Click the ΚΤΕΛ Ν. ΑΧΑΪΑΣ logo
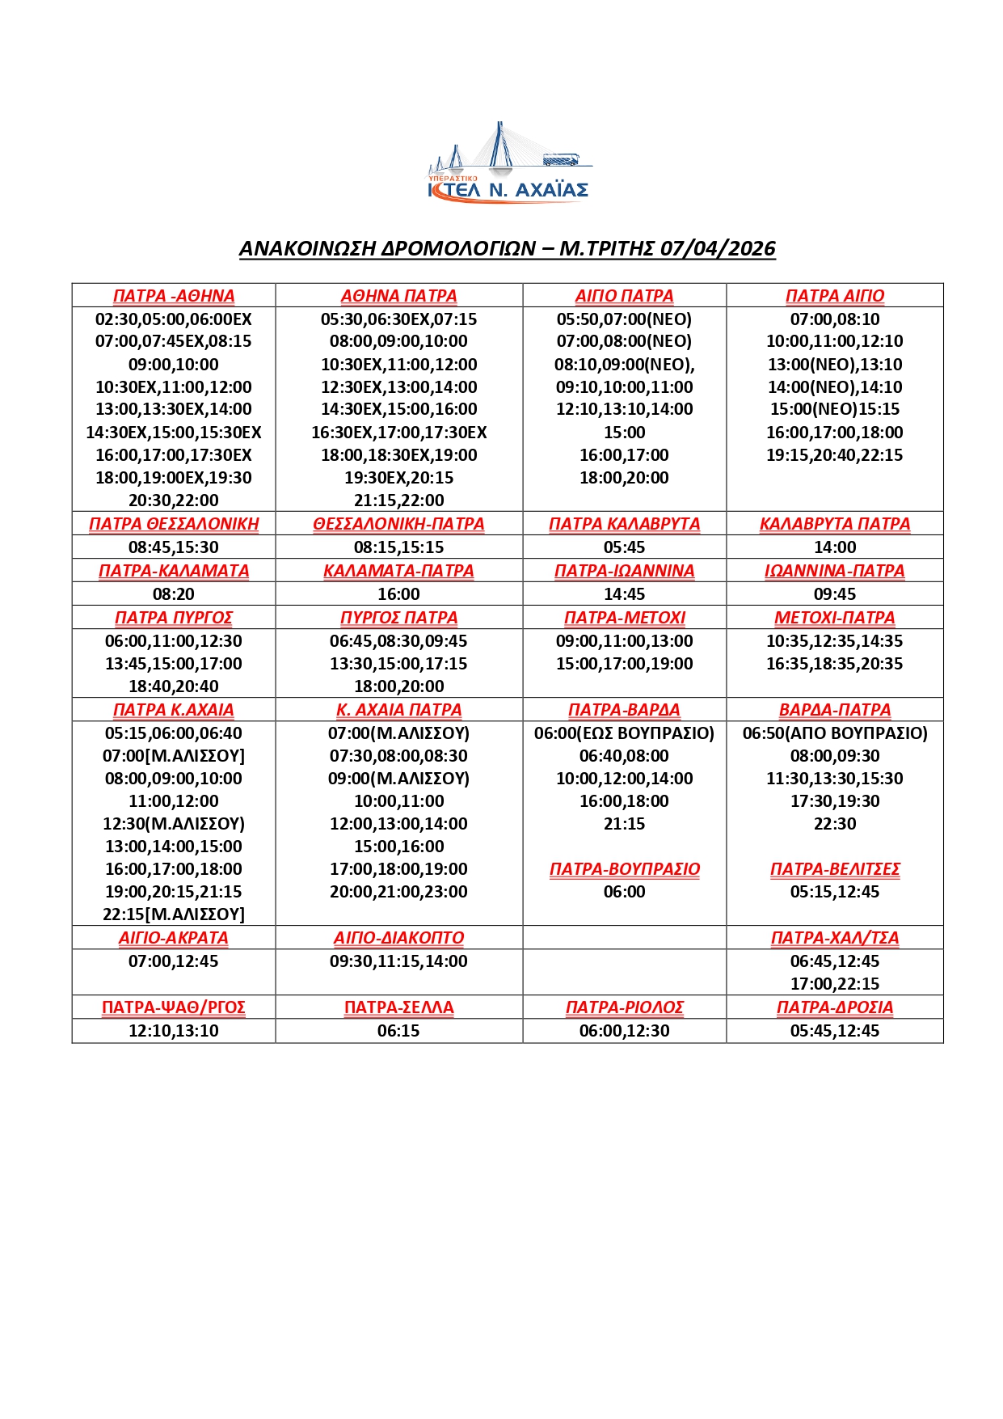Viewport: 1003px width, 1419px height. click(508, 164)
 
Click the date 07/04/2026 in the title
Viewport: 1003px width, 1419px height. click(718, 248)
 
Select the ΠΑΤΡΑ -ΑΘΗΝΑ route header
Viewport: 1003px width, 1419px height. click(174, 296)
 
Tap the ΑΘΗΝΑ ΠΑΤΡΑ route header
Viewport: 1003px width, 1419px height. click(398, 296)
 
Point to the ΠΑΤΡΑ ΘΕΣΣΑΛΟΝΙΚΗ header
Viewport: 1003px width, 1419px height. click(174, 524)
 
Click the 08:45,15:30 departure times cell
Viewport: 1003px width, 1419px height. click(174, 547)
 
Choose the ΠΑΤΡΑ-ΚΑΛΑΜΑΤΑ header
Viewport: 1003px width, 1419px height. click(174, 571)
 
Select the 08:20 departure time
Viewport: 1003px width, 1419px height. click(174, 594)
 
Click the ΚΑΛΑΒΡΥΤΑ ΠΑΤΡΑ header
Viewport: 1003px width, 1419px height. click(834, 524)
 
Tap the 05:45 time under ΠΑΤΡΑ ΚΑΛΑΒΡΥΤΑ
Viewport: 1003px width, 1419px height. click(624, 547)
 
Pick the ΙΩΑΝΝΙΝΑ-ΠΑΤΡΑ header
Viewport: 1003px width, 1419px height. click(834, 571)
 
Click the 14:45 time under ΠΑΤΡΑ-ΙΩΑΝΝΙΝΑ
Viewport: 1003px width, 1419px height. click(624, 594)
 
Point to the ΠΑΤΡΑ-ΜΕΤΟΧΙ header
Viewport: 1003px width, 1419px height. click(624, 618)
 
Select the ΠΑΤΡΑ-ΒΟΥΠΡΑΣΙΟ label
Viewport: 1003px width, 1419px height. click(624, 869)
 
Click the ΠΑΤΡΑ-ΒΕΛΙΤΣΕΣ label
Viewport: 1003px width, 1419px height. click(834, 869)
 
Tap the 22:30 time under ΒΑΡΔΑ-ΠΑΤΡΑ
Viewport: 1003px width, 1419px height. click(834, 824)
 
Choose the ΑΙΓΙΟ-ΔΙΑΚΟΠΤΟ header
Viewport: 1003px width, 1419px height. click(398, 938)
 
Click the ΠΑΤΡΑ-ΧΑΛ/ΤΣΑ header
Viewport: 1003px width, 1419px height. click(834, 938)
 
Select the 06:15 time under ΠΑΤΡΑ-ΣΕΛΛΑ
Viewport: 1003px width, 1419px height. click(398, 1031)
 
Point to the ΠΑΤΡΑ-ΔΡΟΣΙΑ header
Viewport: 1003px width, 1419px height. click(834, 1007)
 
